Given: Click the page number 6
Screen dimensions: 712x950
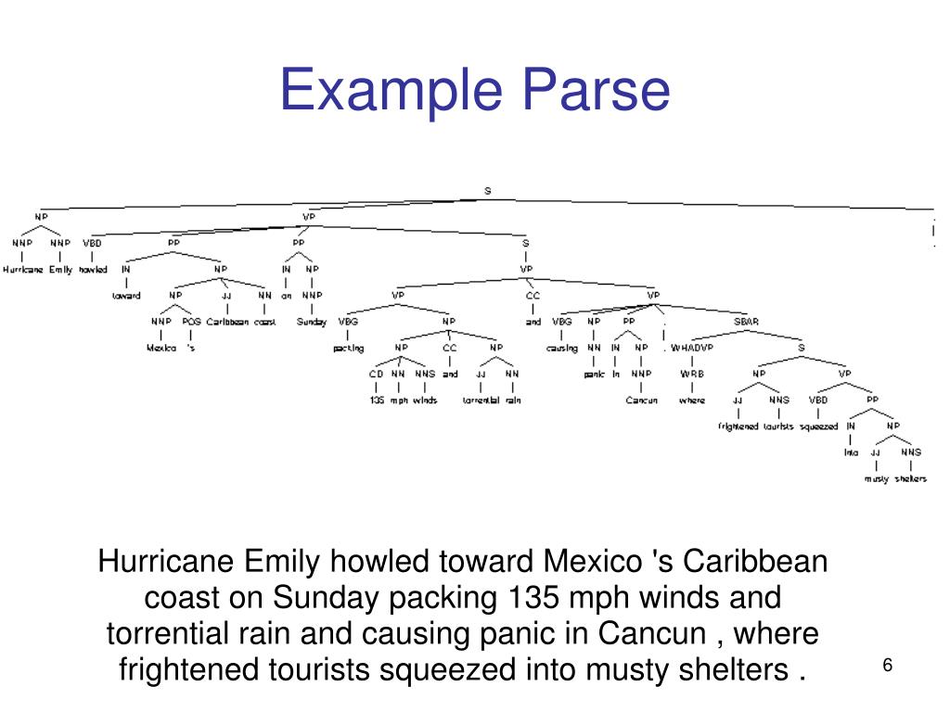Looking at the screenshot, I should (887, 667).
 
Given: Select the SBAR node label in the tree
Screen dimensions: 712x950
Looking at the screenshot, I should (746, 322).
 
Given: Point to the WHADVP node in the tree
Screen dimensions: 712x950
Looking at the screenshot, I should (692, 348).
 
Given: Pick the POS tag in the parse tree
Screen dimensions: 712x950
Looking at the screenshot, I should (191, 322).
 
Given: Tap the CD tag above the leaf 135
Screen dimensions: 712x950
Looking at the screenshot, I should (376, 374).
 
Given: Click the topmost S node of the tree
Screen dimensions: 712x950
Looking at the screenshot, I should (487, 191).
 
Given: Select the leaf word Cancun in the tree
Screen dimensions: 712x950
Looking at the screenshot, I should (641, 400).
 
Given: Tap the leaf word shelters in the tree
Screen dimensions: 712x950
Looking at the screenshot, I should (910, 478).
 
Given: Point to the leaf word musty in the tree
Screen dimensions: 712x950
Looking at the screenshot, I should (876, 478).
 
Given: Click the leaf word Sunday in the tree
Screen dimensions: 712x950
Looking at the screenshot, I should (312, 322).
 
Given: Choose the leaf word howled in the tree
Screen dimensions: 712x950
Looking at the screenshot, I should (93, 270).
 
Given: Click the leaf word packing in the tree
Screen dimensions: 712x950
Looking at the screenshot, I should (348, 349).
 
